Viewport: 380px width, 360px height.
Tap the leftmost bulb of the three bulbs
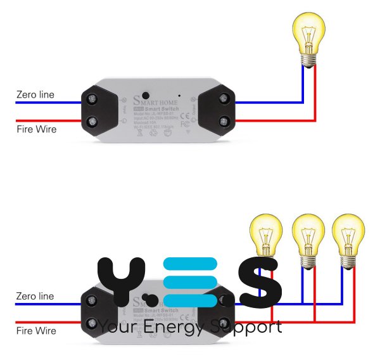pos(266,238)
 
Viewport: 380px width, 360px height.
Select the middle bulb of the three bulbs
pos(308,238)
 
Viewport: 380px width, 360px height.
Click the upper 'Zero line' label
pos(35,95)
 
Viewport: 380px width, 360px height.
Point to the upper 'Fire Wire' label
pos(36,129)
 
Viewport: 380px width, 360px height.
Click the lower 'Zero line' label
pos(35,296)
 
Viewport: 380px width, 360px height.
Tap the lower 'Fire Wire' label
pos(36,331)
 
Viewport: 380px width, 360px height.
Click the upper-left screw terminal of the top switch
pos(93,98)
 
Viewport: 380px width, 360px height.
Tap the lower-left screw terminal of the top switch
pos(93,120)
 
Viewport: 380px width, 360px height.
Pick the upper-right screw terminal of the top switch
pos(223,98)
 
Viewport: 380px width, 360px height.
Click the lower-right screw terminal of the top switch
pos(223,120)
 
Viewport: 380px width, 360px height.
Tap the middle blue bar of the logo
pos(190,283)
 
